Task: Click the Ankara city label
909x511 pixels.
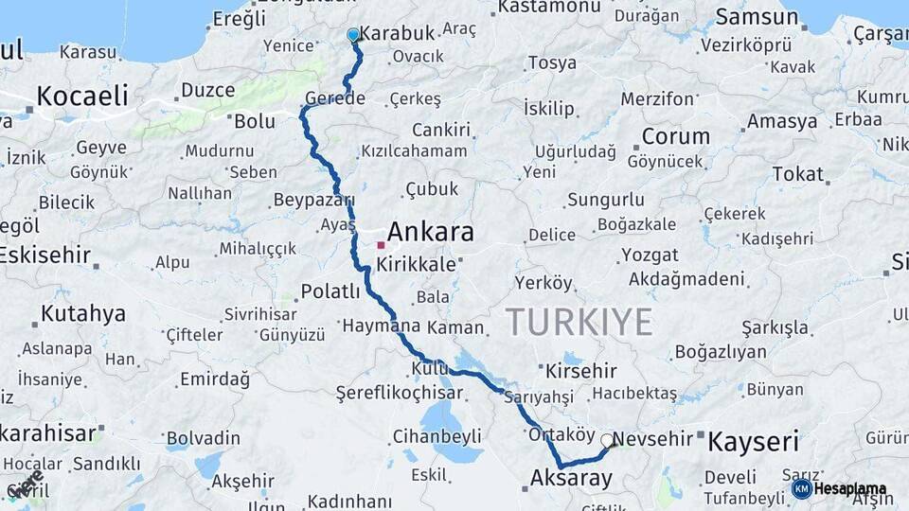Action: (430, 232)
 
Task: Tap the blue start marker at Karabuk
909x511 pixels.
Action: (353, 36)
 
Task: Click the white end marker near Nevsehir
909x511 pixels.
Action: (607, 440)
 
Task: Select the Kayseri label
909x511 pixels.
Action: (754, 440)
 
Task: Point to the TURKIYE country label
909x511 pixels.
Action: (579, 322)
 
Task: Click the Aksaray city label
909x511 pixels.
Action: (572, 478)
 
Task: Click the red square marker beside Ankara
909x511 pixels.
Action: (381, 245)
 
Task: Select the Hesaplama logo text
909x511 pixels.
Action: (850, 489)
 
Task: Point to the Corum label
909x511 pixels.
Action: (675, 136)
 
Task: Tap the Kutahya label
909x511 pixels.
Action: (83, 313)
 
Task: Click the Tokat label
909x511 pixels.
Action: (797, 173)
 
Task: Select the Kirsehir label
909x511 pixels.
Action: (581, 371)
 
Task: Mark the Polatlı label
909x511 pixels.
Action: (330, 291)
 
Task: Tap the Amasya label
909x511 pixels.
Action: (781, 121)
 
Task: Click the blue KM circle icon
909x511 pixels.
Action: (801, 489)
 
